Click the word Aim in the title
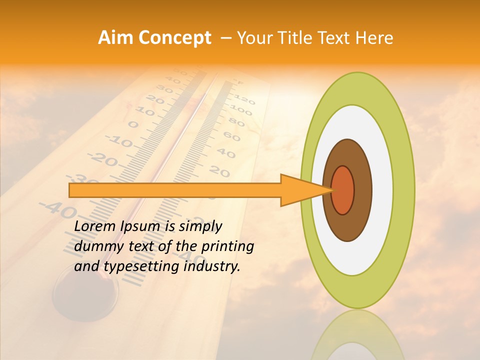coord(115,38)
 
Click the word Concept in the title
coord(174,38)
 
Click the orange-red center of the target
coord(343,190)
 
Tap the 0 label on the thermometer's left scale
coord(133,124)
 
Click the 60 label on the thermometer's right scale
coord(231,135)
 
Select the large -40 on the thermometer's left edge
coord(57,209)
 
